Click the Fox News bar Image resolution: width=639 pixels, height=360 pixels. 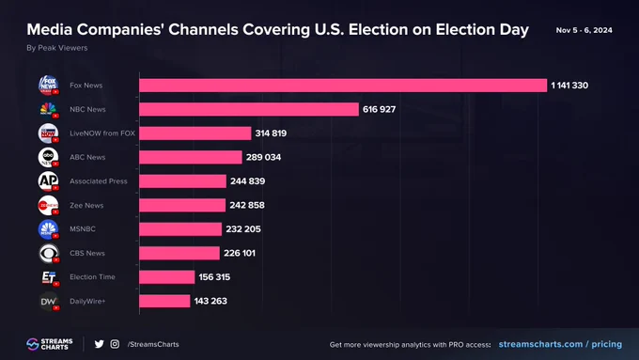click(x=343, y=86)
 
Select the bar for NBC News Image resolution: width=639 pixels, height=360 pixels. click(x=249, y=109)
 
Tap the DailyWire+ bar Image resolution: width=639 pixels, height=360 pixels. click(x=164, y=301)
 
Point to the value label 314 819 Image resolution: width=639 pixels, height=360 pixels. click(x=271, y=133)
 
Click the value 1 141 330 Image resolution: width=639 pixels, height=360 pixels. click(x=569, y=86)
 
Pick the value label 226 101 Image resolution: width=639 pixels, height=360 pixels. click(x=240, y=253)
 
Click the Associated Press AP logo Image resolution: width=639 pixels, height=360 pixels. click(x=48, y=181)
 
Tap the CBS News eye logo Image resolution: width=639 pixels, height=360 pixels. click(x=49, y=253)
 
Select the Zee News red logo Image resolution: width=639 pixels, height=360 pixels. click(x=48, y=206)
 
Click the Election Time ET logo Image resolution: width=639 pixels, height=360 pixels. click(x=49, y=277)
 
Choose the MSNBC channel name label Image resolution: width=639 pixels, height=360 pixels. click(x=83, y=229)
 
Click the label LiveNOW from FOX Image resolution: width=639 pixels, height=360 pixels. click(x=102, y=133)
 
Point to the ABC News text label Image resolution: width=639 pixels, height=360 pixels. click(x=87, y=157)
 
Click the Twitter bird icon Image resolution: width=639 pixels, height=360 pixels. click(x=99, y=344)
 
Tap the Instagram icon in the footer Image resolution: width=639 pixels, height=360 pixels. click(x=115, y=344)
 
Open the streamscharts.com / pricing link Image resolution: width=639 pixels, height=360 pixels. click(x=560, y=344)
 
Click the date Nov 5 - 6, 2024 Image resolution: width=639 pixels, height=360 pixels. click(x=584, y=30)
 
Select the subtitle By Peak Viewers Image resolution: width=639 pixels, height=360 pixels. click(x=57, y=48)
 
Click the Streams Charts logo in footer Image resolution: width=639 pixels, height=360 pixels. click(x=49, y=344)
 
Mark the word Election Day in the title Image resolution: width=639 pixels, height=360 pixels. click(x=482, y=29)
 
